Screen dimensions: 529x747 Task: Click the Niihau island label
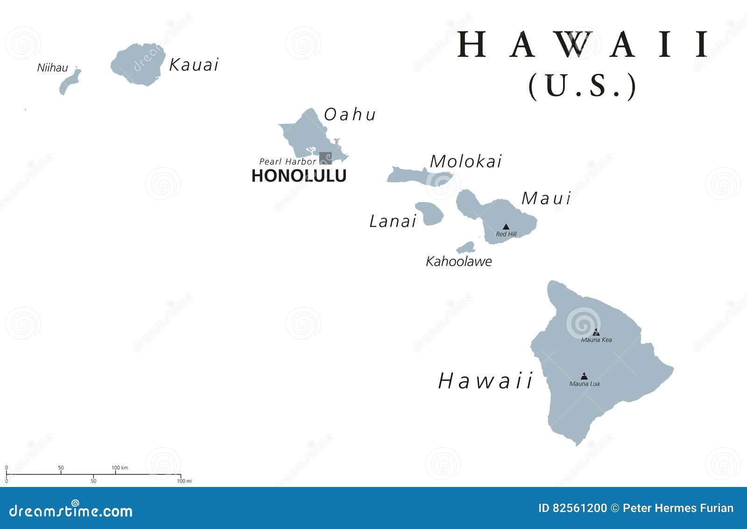pyautogui.click(x=52, y=68)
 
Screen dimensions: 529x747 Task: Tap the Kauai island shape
pyautogui.click(x=139, y=64)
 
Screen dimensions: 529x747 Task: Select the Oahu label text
pyautogui.click(x=350, y=114)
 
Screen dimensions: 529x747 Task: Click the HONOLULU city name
pyautogui.click(x=299, y=176)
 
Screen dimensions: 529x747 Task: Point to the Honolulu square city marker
pyautogui.click(x=325, y=158)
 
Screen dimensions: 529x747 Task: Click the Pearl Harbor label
pyautogui.click(x=288, y=162)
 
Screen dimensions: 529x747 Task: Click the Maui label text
pyautogui.click(x=546, y=198)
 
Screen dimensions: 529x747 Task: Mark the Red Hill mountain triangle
pyautogui.click(x=506, y=227)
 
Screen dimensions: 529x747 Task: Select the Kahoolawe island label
pyautogui.click(x=458, y=261)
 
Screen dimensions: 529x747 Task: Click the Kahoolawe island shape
pyautogui.click(x=466, y=247)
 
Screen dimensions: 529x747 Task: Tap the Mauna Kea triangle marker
pyautogui.click(x=596, y=332)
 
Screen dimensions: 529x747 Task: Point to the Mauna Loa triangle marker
pyautogui.click(x=584, y=376)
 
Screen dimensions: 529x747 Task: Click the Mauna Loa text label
pyautogui.click(x=584, y=384)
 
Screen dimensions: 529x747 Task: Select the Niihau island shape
pyautogui.click(x=70, y=83)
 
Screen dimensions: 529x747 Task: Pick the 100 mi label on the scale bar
pyautogui.click(x=184, y=481)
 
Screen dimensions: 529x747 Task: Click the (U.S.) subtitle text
pyautogui.click(x=582, y=86)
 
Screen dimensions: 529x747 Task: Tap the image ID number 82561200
pyautogui.click(x=579, y=508)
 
